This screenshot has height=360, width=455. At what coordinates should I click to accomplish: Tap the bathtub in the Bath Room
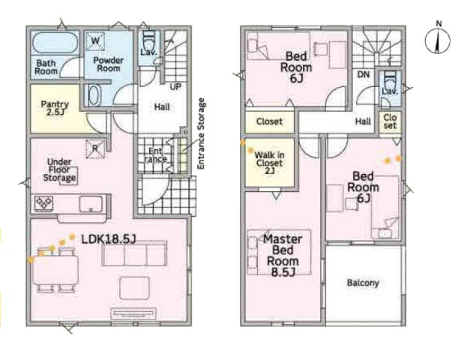(x=55, y=43)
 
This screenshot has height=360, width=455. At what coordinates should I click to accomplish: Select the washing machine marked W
(x=95, y=40)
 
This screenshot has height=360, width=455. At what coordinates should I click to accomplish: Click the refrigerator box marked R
(x=95, y=148)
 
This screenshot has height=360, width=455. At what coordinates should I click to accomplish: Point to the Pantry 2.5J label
(x=55, y=108)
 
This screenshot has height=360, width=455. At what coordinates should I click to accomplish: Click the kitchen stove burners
(x=43, y=202)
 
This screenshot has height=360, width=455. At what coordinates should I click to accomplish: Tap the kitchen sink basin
(x=91, y=204)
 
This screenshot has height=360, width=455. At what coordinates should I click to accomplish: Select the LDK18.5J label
(x=109, y=239)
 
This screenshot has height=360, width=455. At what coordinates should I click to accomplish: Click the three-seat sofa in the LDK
(x=134, y=253)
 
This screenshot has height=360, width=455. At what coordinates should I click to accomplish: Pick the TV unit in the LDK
(x=133, y=313)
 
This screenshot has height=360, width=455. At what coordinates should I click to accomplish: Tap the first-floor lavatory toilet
(x=149, y=41)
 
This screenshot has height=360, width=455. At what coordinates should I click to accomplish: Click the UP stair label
(x=175, y=87)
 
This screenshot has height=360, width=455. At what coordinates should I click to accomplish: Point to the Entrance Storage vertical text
(x=201, y=133)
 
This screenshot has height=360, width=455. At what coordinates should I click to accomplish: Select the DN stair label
(x=364, y=74)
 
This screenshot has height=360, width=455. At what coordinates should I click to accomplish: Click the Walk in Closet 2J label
(x=269, y=163)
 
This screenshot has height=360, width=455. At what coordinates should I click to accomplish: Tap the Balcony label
(x=363, y=283)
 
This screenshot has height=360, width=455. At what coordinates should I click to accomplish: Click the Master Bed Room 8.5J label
(x=283, y=256)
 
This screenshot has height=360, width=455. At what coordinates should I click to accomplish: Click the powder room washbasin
(x=94, y=95)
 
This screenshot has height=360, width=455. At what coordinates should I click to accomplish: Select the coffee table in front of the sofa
(x=135, y=288)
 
